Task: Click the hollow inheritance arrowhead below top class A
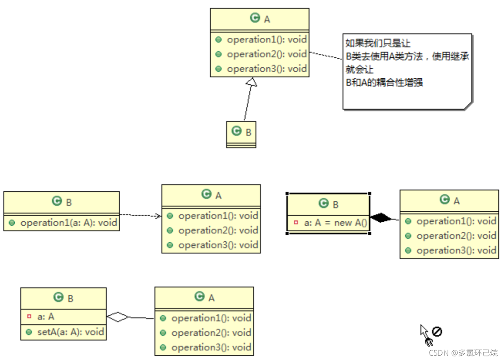[x=252, y=82]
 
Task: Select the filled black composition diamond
[x=380, y=218]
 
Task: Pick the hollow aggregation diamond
[x=118, y=317]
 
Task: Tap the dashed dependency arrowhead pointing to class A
[x=159, y=216]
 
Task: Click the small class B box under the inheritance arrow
[x=241, y=134]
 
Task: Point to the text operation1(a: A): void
[x=69, y=223]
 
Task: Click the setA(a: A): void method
[x=70, y=332]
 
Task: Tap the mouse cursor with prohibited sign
[x=431, y=335]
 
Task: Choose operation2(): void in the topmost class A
[x=266, y=54]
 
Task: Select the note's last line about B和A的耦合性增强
[x=385, y=83]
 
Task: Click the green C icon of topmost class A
[x=254, y=18]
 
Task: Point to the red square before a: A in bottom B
[x=29, y=317]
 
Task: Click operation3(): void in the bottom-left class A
[x=211, y=347]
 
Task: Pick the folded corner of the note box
[x=468, y=105]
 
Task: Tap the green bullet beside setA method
[x=29, y=332]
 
